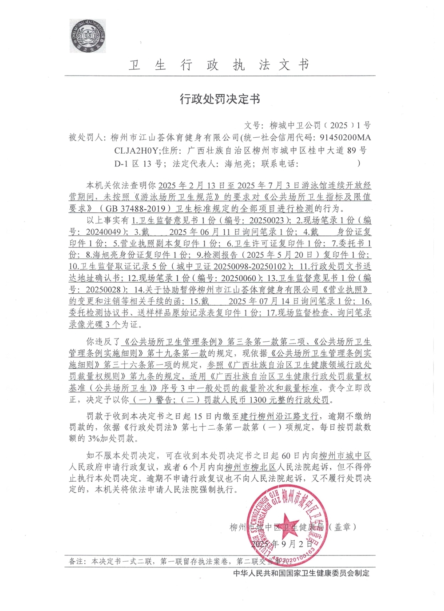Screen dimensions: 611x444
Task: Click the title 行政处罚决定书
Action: tap(220, 99)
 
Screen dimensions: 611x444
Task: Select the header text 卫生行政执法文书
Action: tap(219, 65)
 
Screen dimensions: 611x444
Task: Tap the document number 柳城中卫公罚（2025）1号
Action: tap(320, 125)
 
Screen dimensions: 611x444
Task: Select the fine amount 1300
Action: tap(258, 399)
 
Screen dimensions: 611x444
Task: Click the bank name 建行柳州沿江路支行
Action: tap(279, 416)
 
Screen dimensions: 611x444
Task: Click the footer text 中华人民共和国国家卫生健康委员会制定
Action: tap(301, 573)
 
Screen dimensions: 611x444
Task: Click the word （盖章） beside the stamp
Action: tap(342, 527)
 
